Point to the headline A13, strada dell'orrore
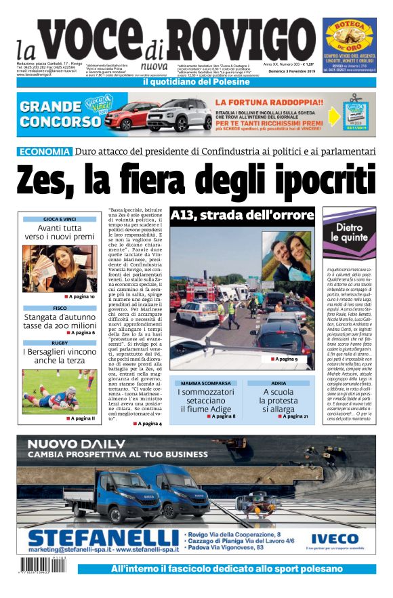pyautogui.click(x=243, y=216)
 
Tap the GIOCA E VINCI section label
pyautogui.click(x=60, y=219)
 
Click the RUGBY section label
pyautogui.click(x=60, y=343)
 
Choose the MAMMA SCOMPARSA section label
pyautogui.click(x=205, y=384)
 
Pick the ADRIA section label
pyautogui.click(x=278, y=384)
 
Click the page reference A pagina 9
pyautogui.click(x=285, y=359)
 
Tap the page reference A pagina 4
pyautogui.click(x=148, y=423)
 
